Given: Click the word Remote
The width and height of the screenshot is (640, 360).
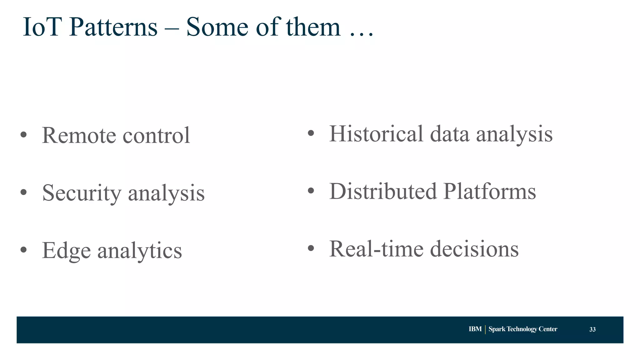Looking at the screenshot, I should [x=79, y=135].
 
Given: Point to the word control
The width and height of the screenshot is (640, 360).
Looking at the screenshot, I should [x=156, y=135].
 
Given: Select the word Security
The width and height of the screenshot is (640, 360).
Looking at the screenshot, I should [x=82, y=193].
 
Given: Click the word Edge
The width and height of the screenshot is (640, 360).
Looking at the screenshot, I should [x=66, y=251].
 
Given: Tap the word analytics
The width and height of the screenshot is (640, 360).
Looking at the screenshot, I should [x=139, y=251].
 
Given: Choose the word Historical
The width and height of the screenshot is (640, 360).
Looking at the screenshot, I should [x=376, y=134].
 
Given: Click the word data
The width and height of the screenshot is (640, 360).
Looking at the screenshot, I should [x=449, y=134].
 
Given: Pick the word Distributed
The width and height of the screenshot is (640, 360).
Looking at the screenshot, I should [x=383, y=191].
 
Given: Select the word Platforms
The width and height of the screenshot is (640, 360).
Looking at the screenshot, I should [x=489, y=191].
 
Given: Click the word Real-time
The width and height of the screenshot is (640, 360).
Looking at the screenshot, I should [x=376, y=249].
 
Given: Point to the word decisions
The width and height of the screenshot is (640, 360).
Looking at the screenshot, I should [x=474, y=249].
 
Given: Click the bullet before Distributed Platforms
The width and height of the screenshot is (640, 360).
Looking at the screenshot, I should [x=311, y=191].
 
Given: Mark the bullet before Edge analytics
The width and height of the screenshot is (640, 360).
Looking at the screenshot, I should [x=23, y=250].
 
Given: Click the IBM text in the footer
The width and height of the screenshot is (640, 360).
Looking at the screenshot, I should [x=475, y=329].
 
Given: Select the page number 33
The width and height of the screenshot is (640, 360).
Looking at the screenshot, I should [x=592, y=329].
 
